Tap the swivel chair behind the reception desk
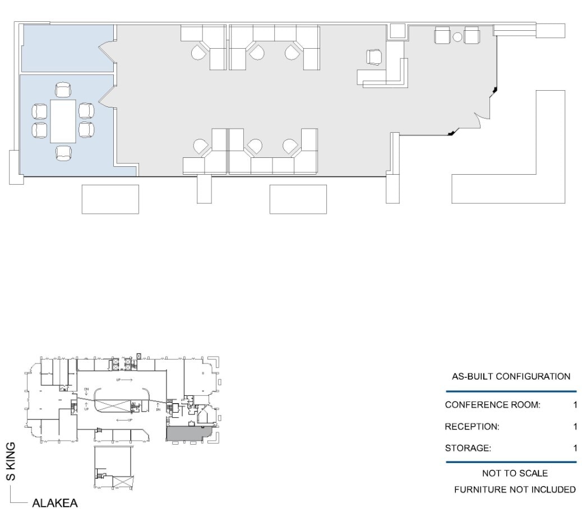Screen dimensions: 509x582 click(373, 57)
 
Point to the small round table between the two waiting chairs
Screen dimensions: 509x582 click(458, 37)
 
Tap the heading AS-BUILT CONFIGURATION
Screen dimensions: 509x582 click(511, 376)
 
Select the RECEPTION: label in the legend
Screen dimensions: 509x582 click(472, 427)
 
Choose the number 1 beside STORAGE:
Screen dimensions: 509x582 click(575, 448)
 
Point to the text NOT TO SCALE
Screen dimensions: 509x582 click(511, 474)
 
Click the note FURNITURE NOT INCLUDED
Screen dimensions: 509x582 click(514, 490)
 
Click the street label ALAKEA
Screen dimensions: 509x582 click(54, 503)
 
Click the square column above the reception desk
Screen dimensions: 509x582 click(398, 31)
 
